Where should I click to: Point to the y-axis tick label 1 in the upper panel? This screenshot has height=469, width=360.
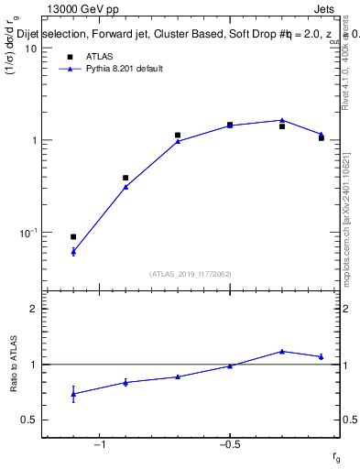tap(32, 141)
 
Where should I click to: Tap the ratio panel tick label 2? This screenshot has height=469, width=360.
tap(33, 309)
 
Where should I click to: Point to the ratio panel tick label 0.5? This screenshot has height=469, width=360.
tap(29, 420)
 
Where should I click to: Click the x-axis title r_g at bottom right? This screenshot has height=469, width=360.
tap(337, 458)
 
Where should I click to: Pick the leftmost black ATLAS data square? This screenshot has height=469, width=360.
tap(73, 237)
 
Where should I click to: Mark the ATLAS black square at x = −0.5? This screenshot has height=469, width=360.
tap(230, 125)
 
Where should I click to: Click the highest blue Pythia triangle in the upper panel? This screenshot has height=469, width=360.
tap(282, 120)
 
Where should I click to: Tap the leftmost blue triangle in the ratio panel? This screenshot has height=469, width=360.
tap(73, 394)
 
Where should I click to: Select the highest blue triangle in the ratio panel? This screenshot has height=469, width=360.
tap(282, 351)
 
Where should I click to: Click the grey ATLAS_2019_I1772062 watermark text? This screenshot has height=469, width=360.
tap(191, 273)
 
